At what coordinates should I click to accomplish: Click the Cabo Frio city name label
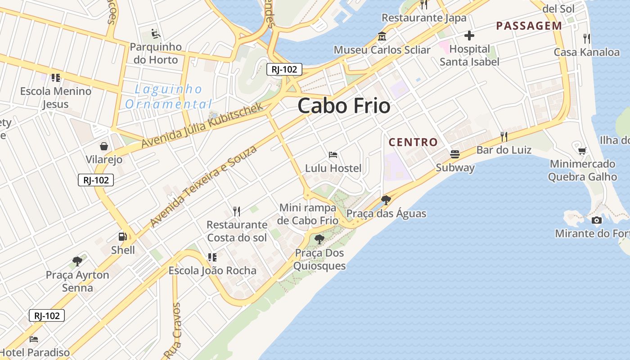pos(344,106)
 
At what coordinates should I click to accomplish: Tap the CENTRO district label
pos(413,142)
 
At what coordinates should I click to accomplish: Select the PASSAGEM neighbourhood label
pos(529,26)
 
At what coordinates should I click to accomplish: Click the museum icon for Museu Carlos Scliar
pos(382,36)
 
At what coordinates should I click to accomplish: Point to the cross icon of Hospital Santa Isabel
pos(469,36)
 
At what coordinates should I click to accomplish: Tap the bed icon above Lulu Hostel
pos(333,155)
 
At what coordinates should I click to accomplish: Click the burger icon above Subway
pos(455,154)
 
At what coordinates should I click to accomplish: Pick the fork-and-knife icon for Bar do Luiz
pos(504,136)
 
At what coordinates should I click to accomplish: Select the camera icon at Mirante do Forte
pos(596,220)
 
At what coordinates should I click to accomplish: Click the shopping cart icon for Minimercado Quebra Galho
pos(582,150)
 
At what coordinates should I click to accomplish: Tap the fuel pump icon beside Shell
pos(122,236)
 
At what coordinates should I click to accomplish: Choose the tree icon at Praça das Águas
pos(386,200)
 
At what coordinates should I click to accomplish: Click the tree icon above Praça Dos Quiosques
pos(319,239)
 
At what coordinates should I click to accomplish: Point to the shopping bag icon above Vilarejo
pos(104,146)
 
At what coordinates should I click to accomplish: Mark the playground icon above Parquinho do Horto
pos(155,33)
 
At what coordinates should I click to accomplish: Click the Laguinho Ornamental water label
pos(169,97)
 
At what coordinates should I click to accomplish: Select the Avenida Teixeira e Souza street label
pos(203,186)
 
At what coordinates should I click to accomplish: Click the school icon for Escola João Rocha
pos(212,257)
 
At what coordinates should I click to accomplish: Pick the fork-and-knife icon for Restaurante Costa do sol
pos(237,211)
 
